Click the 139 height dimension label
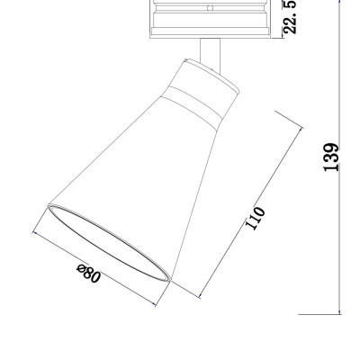[331, 157]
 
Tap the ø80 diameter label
[89, 274]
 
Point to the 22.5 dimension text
[290, 16]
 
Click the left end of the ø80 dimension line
[33, 232]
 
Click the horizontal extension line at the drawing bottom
[320, 313]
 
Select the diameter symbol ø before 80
[80, 269]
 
